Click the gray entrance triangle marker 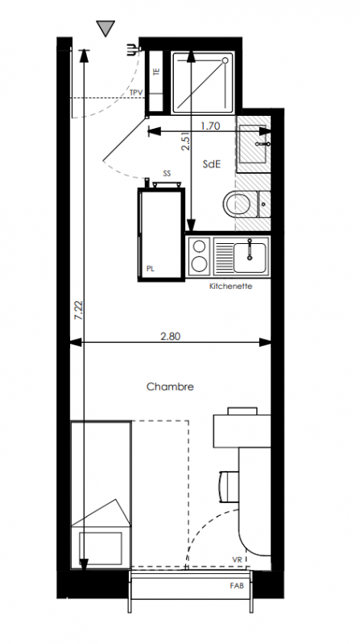point(106,28)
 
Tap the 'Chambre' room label point(170,386)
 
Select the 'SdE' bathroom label point(212,164)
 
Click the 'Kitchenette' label point(230,286)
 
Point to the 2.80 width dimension point(170,336)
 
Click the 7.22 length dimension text point(79,311)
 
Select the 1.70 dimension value point(210,126)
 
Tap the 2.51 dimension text point(186,142)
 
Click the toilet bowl point(238,204)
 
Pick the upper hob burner point(199,246)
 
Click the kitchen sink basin point(250,258)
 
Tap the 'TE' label point(155,71)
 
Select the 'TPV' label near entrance point(136,93)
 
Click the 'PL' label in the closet point(151,269)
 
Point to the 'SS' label point(167,174)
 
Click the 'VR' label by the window point(237,559)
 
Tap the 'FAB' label point(237,586)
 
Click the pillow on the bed point(101,548)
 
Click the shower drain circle point(225,60)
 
